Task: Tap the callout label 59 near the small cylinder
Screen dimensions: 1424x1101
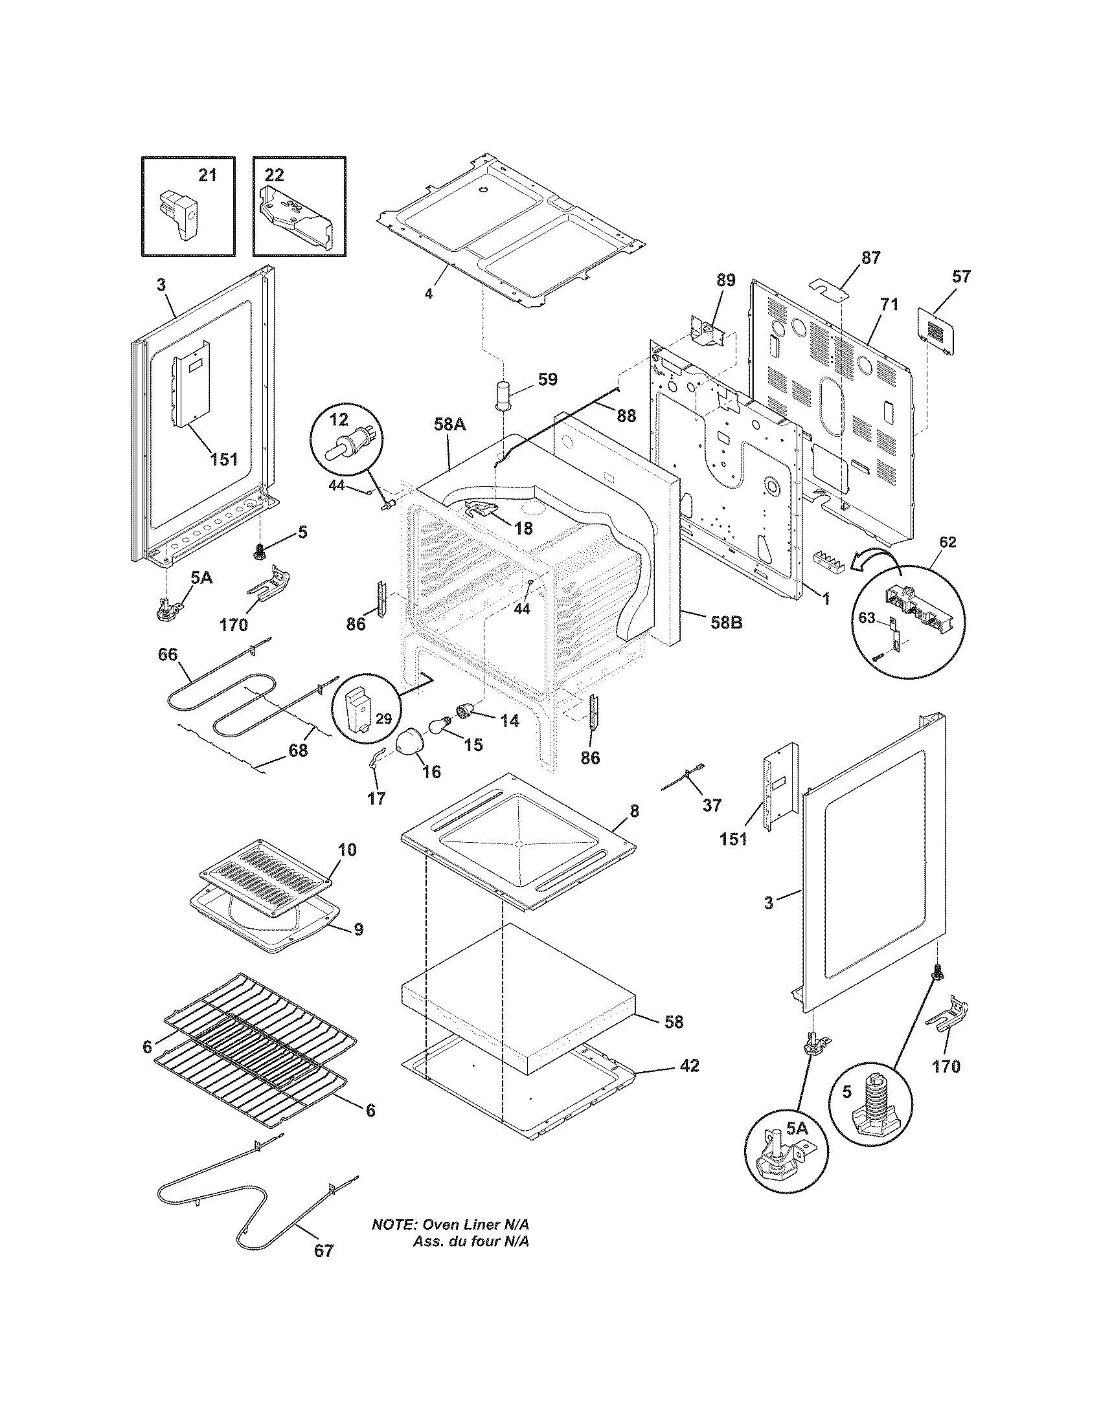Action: pos(548,379)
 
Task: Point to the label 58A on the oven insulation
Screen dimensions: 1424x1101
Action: pos(449,425)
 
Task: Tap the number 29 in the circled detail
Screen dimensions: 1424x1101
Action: pos(383,719)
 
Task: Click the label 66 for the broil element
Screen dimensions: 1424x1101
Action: pos(168,654)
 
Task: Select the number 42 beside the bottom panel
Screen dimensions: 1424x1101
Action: pos(689,1065)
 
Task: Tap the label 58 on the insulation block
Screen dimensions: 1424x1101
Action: pos(674,1021)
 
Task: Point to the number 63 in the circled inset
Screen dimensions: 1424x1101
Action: pos(866,617)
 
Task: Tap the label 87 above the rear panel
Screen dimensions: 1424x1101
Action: pos(870,257)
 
